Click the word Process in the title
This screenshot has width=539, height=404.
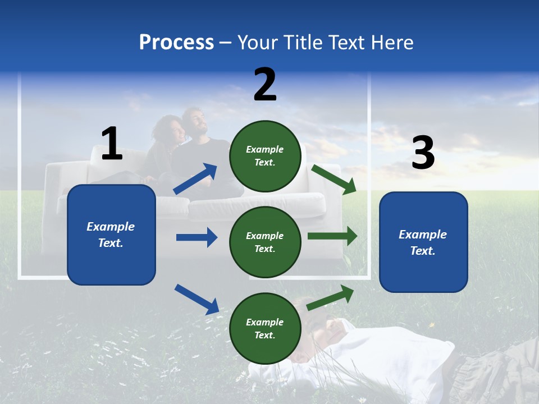tap(176, 43)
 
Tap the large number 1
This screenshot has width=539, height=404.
tap(112, 144)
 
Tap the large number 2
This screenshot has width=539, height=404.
tap(265, 85)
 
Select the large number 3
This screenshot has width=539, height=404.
tap(423, 153)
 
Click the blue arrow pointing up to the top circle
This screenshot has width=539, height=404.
tap(195, 179)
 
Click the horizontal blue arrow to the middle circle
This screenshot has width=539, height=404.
tap(197, 237)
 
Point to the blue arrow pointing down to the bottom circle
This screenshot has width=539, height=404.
tap(197, 299)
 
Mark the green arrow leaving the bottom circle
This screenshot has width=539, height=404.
tap(331, 298)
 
